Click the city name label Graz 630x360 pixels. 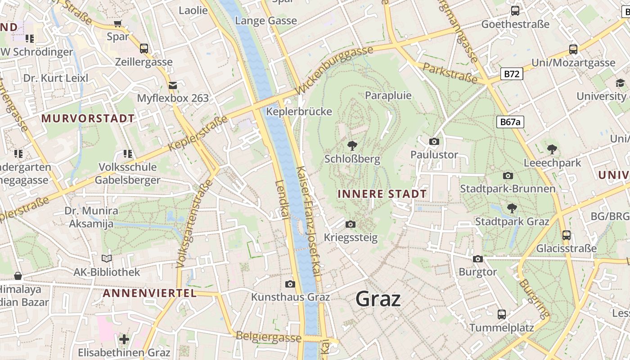pyautogui.click(x=378, y=299)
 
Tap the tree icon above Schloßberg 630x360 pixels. pyautogui.click(x=352, y=145)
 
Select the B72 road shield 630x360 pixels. pyautogui.click(x=512, y=74)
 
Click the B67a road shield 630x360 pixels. pyautogui.click(x=511, y=121)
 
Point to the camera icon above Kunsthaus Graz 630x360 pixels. pyautogui.click(x=290, y=284)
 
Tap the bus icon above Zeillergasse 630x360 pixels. pyautogui.click(x=144, y=48)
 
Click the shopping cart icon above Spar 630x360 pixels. pyautogui.click(x=118, y=23)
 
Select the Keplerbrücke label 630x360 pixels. pyautogui.click(x=299, y=112)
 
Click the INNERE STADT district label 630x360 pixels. pyautogui.click(x=382, y=194)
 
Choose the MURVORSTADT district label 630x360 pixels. pyautogui.click(x=88, y=119)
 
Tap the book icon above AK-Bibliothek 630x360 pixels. pyautogui.click(x=107, y=259)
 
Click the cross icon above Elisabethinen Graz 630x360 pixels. pyautogui.click(x=124, y=339)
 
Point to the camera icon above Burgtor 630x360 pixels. pyautogui.click(x=478, y=259)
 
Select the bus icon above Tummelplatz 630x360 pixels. pyautogui.click(x=502, y=314)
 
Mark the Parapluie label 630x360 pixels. pyautogui.click(x=388, y=95)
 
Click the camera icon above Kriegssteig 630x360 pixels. pyautogui.click(x=351, y=224)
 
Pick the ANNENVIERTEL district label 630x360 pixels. pyautogui.click(x=150, y=293)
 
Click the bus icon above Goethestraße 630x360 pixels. pyautogui.click(x=515, y=11)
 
